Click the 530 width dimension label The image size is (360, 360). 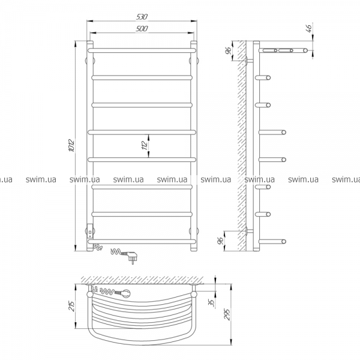[142, 17]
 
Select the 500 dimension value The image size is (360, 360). [142, 29]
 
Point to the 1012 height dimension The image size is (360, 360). [71, 146]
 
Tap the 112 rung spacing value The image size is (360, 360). [145, 146]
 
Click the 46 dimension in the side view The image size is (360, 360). [309, 28]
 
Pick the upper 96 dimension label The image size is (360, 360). [227, 51]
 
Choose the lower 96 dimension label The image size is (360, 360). [220, 241]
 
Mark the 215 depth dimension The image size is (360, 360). [71, 306]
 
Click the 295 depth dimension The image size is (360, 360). [227, 314]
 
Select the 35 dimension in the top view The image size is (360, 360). [212, 303]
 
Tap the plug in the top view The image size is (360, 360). [125, 293]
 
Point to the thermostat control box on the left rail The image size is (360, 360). [90, 231]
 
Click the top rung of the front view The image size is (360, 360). [142, 50]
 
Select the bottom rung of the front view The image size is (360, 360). [142, 242]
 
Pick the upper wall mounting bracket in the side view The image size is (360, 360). [249, 61]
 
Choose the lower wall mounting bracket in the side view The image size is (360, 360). [249, 231]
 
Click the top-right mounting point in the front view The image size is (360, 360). [194, 61]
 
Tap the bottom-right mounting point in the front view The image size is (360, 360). [194, 231]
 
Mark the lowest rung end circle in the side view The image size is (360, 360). [284, 242]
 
